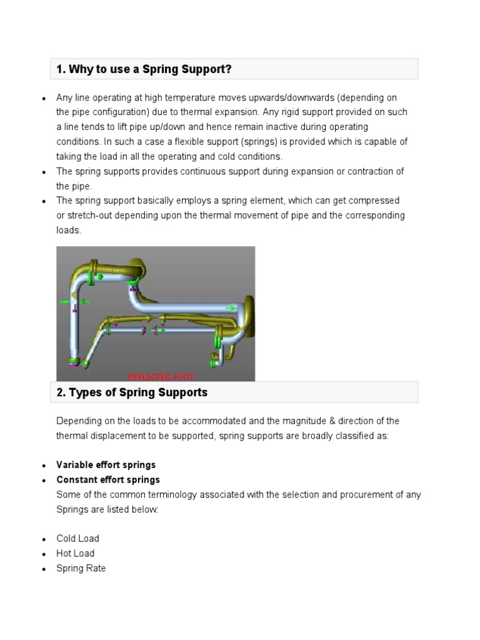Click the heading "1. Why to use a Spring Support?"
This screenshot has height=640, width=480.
[144, 69]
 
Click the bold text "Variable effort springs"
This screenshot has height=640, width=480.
[106, 465]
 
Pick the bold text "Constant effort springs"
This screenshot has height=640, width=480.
[108, 480]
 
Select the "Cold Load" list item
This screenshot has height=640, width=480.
[77, 539]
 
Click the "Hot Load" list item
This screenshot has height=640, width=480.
[76, 554]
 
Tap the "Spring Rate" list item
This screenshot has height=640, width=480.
[81, 569]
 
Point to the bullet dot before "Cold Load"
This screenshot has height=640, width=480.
[43, 539]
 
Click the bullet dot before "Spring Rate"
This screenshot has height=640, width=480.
[43, 569]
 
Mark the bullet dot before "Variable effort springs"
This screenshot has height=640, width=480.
[43, 466]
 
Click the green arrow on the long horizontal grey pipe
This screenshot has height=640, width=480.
[231, 307]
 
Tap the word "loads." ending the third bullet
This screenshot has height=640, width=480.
[69, 230]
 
